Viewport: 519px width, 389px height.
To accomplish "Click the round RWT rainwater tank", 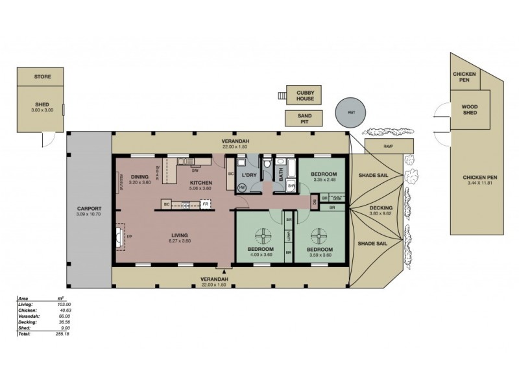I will click(351, 112).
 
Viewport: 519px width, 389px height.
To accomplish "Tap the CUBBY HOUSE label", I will click(301, 95).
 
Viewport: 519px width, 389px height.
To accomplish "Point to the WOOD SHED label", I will click(470, 110).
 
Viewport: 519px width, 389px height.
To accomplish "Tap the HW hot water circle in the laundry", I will click(242, 187).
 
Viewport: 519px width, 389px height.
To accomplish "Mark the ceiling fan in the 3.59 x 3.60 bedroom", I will click(319, 235).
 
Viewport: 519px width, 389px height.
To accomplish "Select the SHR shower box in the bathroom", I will click(291, 187).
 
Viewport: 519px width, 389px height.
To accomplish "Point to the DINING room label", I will click(139, 177).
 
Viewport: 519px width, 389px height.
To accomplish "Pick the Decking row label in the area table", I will click(25, 322).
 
